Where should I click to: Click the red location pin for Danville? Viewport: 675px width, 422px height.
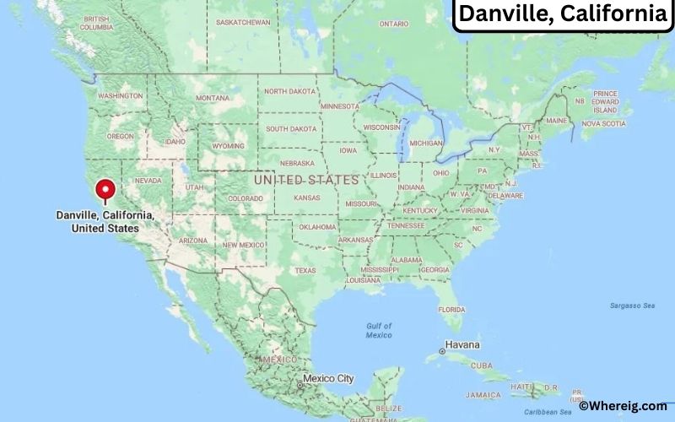tap(105, 190)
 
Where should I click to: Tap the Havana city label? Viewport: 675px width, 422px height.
tap(462, 345)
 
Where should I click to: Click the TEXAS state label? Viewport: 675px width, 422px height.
tap(305, 270)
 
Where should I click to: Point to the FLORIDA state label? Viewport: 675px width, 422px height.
tap(451, 309)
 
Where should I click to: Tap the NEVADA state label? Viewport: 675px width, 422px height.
tap(148, 181)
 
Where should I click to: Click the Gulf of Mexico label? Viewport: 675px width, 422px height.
tap(379, 330)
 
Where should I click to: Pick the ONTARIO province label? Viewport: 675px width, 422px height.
tap(393, 24)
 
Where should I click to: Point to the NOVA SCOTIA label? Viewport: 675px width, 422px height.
tap(603, 123)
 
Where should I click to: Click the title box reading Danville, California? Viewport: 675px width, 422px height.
tap(562, 14)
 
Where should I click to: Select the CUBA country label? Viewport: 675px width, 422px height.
tap(481, 365)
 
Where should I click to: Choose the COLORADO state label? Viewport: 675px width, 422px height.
tap(245, 198)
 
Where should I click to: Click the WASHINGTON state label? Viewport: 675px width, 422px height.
tap(120, 96)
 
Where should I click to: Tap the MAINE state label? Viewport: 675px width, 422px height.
tap(555, 121)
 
